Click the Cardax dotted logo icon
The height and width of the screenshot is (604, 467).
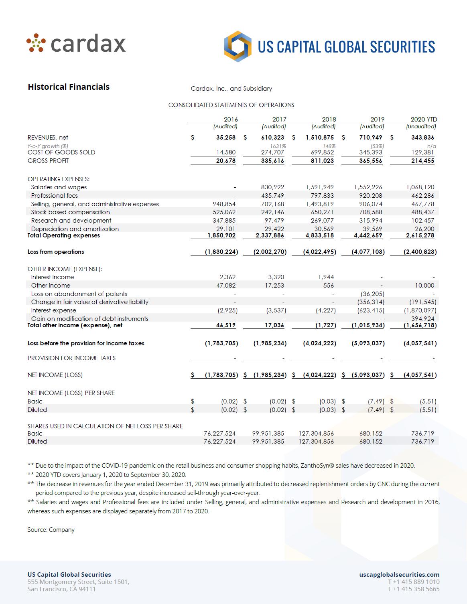pos(35,43)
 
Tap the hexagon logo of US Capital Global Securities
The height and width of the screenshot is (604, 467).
pos(238,47)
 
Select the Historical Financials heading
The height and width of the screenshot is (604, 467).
pos(69,87)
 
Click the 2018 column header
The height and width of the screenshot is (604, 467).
pos(329,119)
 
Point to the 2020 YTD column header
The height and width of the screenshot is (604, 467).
pos(424,119)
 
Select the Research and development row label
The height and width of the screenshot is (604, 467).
pos(71,220)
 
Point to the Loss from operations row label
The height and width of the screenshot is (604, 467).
pos(56,252)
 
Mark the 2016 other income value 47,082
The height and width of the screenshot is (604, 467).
pos(225,285)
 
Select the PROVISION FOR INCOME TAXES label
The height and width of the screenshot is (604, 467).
pos(71,358)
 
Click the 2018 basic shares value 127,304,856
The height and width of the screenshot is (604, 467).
pos(316,433)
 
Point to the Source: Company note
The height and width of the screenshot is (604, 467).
pos(51,530)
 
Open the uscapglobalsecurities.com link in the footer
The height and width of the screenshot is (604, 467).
pos(399,574)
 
